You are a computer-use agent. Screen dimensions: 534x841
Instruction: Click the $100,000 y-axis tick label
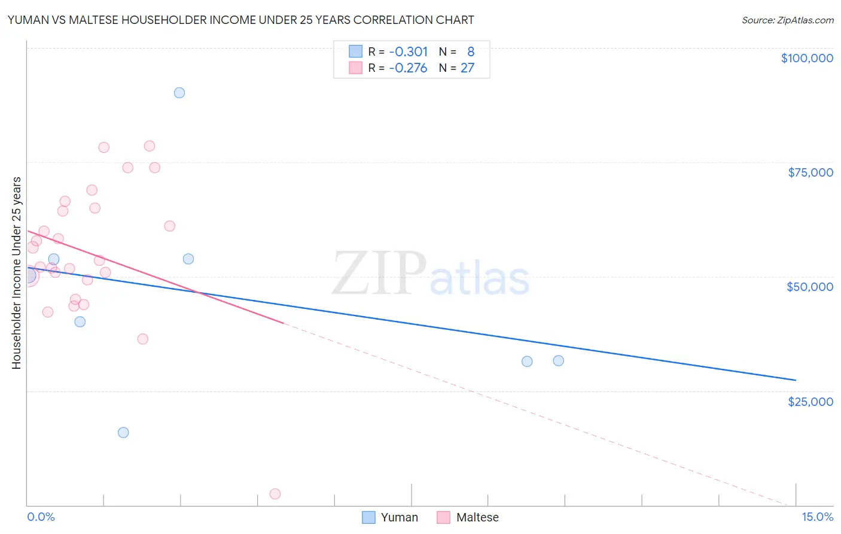point(807,58)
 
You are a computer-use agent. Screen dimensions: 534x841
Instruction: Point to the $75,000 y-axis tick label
point(810,172)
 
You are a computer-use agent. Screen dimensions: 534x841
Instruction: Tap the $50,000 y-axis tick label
point(810,287)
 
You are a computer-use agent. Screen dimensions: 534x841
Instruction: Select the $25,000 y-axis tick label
point(810,401)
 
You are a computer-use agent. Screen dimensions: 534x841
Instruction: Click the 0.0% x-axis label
point(41,517)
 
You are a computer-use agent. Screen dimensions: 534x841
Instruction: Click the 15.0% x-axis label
point(817,517)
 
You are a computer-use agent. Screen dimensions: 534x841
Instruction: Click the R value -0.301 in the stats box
point(408,51)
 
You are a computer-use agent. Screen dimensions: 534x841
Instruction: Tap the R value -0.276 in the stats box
point(408,68)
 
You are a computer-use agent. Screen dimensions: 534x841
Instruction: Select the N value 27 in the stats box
point(467,68)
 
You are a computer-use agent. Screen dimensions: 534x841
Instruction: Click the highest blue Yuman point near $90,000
point(179,93)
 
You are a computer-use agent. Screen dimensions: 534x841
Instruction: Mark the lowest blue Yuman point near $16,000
point(123,432)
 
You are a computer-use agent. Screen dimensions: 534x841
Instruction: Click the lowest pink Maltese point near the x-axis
point(275,494)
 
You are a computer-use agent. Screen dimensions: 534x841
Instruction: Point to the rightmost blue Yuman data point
point(559,360)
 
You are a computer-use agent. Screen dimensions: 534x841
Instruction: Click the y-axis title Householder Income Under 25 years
point(16,273)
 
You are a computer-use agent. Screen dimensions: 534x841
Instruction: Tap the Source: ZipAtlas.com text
point(787,20)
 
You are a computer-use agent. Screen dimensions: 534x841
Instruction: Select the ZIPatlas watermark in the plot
point(431,274)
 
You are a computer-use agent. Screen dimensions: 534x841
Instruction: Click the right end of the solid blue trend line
point(796,380)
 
